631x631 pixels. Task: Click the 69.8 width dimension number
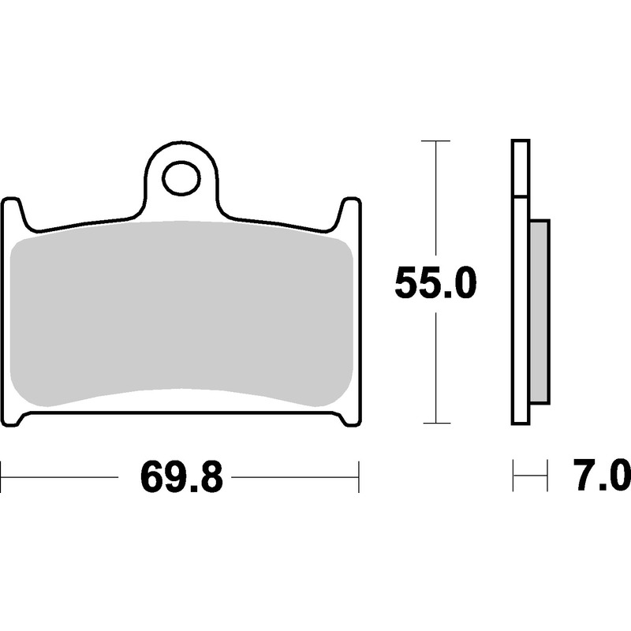pos(181,477)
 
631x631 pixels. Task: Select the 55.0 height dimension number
pos(435,282)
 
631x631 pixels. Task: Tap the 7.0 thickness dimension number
pos(601,476)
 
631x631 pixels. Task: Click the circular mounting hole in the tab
pos(181,178)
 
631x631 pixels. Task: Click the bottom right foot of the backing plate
pos(349,420)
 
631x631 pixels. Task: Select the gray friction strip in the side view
pos(540,312)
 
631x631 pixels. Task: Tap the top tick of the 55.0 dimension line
pos(435,141)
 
